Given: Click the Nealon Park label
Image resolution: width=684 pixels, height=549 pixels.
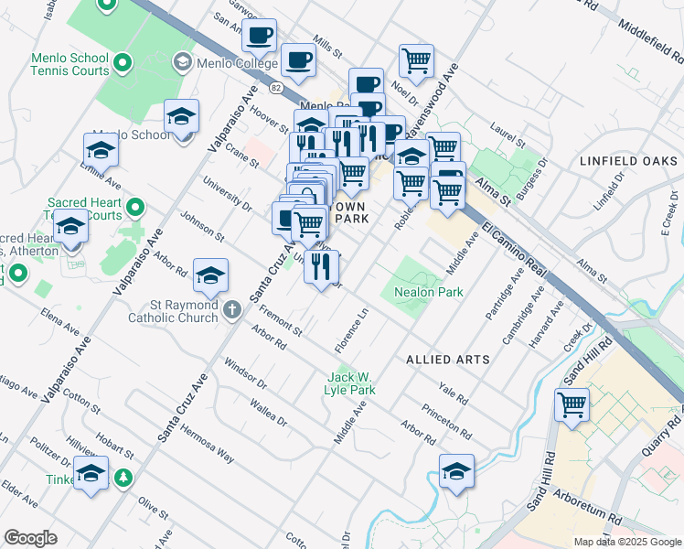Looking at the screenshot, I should click(x=429, y=292).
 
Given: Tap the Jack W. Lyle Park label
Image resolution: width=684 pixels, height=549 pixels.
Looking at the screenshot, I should click(x=351, y=383).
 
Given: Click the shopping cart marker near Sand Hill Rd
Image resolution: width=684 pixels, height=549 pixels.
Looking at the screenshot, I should click(x=572, y=403).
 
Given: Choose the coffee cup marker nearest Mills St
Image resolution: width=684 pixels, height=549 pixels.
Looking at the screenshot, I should click(x=299, y=61).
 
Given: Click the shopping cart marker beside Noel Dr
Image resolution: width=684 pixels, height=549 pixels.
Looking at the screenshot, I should click(x=416, y=61).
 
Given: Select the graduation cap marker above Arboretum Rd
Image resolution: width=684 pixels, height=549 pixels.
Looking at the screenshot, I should click(x=456, y=471).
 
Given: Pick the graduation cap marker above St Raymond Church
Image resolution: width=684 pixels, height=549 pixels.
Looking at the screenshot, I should click(x=210, y=275).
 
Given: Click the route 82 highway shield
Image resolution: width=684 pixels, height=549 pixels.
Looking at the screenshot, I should click(x=276, y=87).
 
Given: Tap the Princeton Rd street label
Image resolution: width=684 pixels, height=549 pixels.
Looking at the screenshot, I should click(x=454, y=421).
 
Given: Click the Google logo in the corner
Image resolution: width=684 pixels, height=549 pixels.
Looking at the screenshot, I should click(x=30, y=538).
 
